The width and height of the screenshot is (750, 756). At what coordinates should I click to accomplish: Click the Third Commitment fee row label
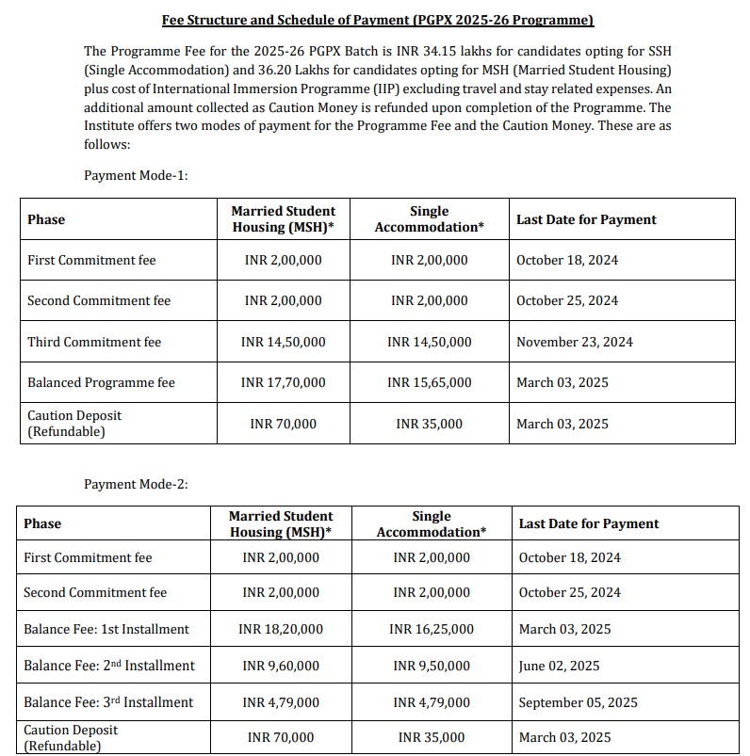[x=94, y=342]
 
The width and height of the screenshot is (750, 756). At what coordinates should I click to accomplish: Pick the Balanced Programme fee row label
[x=101, y=382]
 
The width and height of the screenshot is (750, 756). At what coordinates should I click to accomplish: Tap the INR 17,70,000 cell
[x=283, y=382]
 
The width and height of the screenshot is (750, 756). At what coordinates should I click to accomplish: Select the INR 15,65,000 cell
[x=429, y=382]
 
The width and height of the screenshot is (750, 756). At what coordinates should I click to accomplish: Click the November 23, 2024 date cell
[x=575, y=342]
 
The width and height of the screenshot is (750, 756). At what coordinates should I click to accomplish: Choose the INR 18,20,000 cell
[x=281, y=629]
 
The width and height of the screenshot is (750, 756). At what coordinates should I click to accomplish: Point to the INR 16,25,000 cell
[x=431, y=629]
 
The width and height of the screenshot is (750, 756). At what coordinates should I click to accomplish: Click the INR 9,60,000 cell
[x=281, y=666]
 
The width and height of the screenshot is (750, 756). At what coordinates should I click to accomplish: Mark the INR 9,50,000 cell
[x=431, y=666]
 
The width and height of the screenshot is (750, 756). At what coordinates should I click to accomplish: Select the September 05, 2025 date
[x=578, y=702]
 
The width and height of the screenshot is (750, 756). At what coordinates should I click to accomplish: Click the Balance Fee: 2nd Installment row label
[x=109, y=666]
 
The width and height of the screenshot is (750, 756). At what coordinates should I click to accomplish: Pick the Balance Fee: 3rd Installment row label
[x=108, y=702]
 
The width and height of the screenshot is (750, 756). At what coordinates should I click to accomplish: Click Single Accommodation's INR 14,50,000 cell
[x=429, y=342]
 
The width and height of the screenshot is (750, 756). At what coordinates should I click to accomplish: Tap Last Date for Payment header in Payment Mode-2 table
[x=589, y=523]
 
